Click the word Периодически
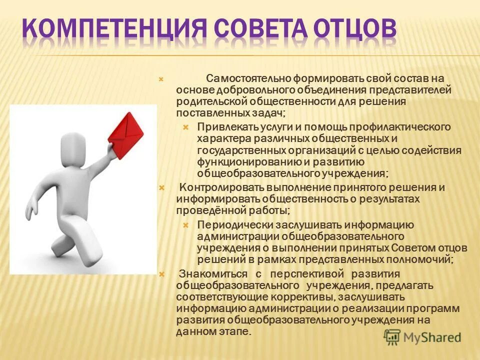coord(224,225)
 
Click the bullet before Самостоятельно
coord(161,79)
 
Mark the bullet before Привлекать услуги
coord(185,127)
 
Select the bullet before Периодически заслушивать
coord(185,225)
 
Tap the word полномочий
coord(425,259)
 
